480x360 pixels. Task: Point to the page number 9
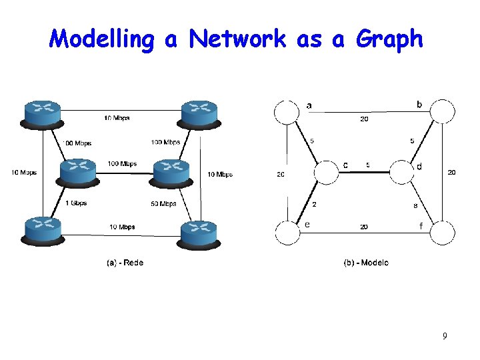[445, 336]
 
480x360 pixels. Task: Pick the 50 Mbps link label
[164, 203]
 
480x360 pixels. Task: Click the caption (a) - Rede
[125, 262]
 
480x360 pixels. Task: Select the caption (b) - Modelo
[366, 262]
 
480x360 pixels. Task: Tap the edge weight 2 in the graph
[314, 205]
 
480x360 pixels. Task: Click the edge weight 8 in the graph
[415, 205]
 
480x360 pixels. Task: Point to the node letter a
[309, 105]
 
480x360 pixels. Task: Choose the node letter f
[421, 226]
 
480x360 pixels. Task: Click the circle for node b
[442, 111]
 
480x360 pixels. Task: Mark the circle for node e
[288, 233]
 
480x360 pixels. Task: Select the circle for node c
[327, 173]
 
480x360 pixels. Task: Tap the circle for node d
[403, 173]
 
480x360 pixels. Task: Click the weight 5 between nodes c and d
[369, 165]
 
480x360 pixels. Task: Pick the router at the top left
[41, 113]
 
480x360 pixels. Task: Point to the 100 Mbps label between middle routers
[122, 164]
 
